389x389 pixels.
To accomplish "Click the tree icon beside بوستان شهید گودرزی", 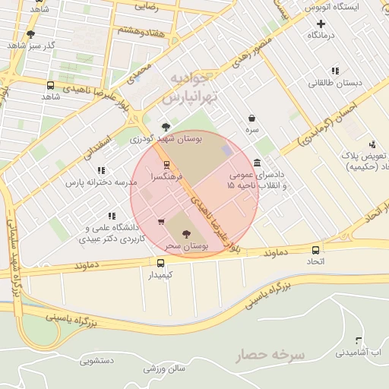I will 166,127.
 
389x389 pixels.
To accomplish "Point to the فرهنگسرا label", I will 167,176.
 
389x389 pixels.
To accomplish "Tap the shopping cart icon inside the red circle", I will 161,222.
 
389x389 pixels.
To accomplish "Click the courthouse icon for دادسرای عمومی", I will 258,163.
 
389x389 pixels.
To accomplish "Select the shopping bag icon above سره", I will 251,119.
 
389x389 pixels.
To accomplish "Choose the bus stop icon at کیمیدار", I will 160,262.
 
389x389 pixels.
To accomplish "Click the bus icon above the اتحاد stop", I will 315,250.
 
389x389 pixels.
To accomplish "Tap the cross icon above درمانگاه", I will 321,24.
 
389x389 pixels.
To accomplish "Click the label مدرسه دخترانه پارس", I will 100,182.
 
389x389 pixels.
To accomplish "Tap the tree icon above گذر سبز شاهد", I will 30,34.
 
